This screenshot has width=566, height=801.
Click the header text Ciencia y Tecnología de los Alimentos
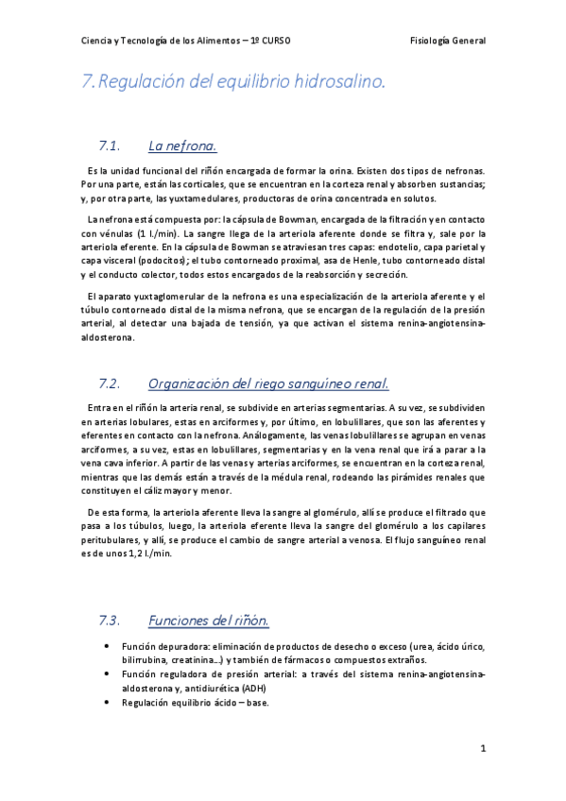pos(160,42)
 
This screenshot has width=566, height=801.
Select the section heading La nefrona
pos(183,145)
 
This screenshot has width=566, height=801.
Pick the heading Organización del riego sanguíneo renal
pos(268,383)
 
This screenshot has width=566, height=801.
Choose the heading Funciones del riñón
pos(209,621)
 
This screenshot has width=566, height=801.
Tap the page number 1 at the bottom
pos(482,749)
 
